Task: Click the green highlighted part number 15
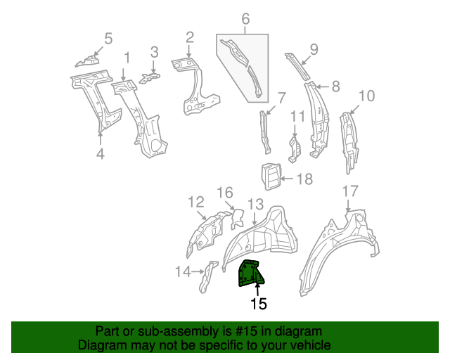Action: [249, 272]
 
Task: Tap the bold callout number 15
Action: [259, 304]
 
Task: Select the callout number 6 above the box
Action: [245, 20]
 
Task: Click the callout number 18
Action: [304, 179]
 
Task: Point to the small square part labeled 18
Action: [271, 176]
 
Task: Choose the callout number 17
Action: [349, 191]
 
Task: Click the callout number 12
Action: [196, 202]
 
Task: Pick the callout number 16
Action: [224, 193]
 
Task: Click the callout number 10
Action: [366, 96]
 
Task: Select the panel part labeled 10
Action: [349, 141]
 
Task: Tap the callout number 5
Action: [108, 38]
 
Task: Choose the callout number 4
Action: [101, 153]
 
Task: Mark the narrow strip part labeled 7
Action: [266, 131]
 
